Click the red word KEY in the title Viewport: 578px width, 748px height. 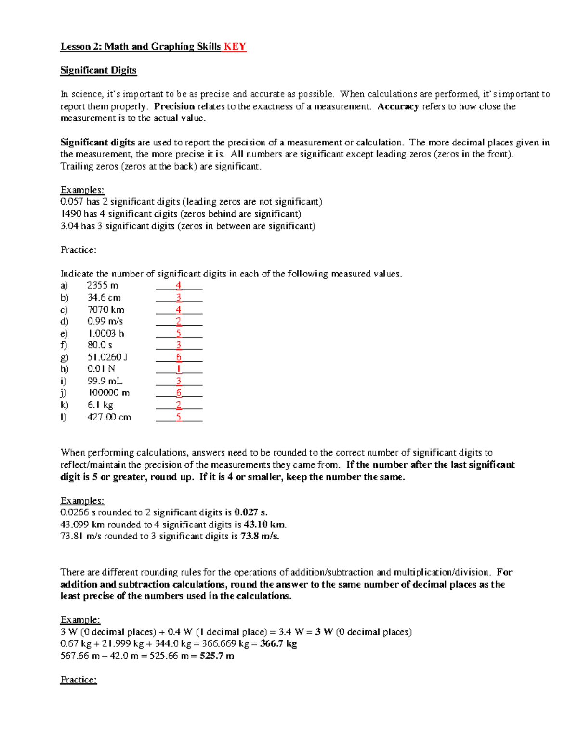coord(235,47)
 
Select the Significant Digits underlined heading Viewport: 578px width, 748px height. coord(98,70)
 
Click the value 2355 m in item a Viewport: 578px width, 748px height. coord(102,285)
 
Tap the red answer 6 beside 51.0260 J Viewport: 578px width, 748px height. coord(179,357)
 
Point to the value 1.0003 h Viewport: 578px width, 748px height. coord(105,333)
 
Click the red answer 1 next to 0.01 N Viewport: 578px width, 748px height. coord(179,369)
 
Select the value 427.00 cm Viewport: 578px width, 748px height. coord(109,417)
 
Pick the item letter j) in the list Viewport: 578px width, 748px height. coord(64,393)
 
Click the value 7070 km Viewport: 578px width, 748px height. coord(105,310)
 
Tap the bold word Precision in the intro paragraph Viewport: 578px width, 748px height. coord(174,106)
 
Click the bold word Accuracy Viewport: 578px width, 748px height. coord(398,106)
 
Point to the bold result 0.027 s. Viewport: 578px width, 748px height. coord(250,512)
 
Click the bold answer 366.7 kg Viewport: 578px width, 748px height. coord(278,644)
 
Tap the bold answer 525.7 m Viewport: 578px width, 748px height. coord(217,656)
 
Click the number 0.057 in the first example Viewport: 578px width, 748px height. coord(72,202)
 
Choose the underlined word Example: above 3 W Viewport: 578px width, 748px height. coord(80,620)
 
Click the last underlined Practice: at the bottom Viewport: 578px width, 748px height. coord(79,680)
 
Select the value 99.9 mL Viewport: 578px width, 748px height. coord(105,381)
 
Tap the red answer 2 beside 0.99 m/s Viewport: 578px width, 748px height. coord(179,321)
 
